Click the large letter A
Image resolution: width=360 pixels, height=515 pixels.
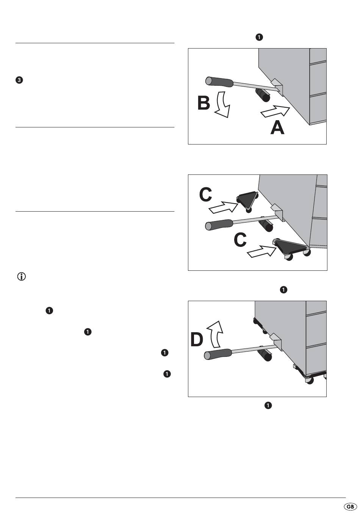click(277, 128)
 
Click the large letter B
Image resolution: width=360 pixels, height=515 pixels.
click(204, 103)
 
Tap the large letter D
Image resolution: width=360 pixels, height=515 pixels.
click(197, 339)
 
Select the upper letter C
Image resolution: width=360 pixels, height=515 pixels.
click(206, 195)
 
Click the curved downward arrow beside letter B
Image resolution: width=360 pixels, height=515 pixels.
click(222, 104)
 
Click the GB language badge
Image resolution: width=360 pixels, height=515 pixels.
click(350, 507)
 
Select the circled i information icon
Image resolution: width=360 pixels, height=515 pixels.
click(22, 277)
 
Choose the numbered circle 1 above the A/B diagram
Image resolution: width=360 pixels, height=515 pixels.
click(259, 37)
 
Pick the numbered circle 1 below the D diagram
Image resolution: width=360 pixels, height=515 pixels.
click(268, 406)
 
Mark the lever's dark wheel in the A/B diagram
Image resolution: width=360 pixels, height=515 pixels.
click(262, 95)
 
